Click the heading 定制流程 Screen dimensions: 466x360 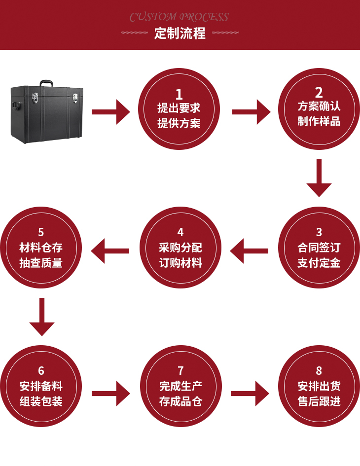[180, 34]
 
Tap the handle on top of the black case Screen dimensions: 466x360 [47, 82]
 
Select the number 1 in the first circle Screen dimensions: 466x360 [179, 94]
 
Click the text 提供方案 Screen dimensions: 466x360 [179, 123]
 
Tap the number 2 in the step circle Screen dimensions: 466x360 [319, 92]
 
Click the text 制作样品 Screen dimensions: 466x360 [319, 121]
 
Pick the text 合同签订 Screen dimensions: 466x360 [319, 247]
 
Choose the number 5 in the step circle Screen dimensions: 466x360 [41, 232]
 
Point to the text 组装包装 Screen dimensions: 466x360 [41, 401]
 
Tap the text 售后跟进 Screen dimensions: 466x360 [319, 401]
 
